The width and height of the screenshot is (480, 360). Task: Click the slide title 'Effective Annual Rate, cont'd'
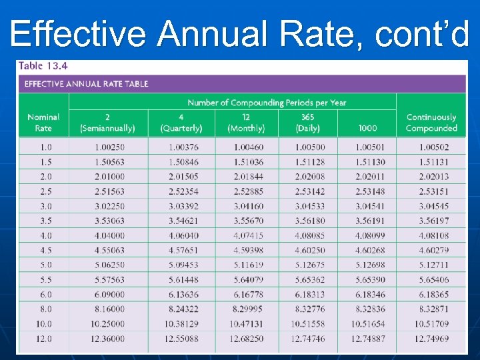tap(239, 33)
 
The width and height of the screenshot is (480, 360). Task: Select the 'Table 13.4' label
tap(43, 66)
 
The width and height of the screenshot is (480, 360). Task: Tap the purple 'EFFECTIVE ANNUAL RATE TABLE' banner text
tap(86, 84)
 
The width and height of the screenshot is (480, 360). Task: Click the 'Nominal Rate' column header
tap(43, 123)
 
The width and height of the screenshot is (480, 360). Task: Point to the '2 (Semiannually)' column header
tap(107, 123)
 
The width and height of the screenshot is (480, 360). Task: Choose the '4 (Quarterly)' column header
tap(181, 123)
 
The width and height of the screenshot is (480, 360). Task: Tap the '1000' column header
tap(367, 128)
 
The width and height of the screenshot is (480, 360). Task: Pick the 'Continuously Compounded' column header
tap(431, 123)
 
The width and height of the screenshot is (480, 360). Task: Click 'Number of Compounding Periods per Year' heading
tap(267, 103)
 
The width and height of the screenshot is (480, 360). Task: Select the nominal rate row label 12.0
tap(43, 339)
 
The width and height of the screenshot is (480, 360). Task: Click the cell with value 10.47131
tap(248, 324)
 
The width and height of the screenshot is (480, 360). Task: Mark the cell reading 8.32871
tap(433, 309)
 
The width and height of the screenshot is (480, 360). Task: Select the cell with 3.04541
tap(369, 207)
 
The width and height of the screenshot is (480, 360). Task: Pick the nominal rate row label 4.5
tap(43, 251)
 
